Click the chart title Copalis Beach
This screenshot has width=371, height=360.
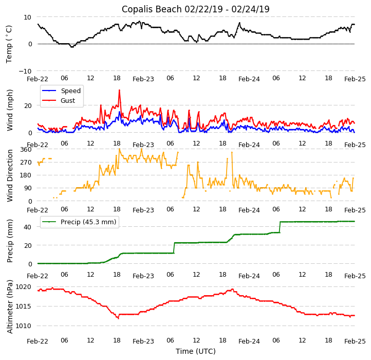pyautogui.click(x=195, y=9)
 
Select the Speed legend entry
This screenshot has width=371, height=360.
pyautogui.click(x=70, y=91)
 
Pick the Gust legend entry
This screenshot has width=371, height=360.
pyautogui.click(x=68, y=100)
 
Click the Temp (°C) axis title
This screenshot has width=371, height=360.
pyautogui.click(x=9, y=44)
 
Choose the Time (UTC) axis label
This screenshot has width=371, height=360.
pyautogui.click(x=195, y=351)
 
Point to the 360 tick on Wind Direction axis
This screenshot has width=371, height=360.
pyautogui.click(x=26, y=150)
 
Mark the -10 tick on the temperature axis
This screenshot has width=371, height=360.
pyautogui.click(x=25, y=71)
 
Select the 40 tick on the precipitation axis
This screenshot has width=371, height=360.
pyautogui.click(x=28, y=227)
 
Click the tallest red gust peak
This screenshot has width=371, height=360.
pyautogui.click(x=119, y=91)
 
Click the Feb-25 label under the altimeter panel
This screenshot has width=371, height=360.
pyautogui.click(x=355, y=341)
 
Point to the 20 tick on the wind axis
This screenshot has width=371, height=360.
pyautogui.click(x=28, y=105)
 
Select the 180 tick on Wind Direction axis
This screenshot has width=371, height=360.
pyautogui.click(x=26, y=175)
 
